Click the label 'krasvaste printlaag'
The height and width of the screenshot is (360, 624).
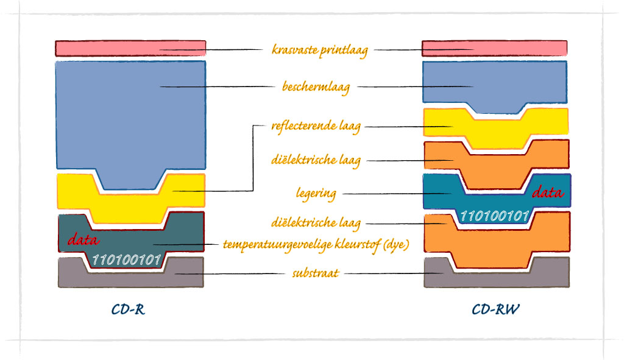[319, 49]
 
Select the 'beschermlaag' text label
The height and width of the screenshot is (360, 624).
[316, 87]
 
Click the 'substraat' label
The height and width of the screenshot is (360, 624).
[314, 274]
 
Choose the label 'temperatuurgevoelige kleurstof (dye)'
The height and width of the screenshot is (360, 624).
[315, 245]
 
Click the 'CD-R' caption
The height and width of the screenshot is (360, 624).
[128, 309]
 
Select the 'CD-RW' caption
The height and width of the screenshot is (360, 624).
[495, 309]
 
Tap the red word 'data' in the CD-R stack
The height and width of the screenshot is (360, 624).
[83, 239]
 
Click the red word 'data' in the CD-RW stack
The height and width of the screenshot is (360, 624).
[548, 192]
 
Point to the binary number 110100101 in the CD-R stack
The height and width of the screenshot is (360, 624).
[126, 260]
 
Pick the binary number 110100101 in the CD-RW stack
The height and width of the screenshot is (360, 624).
[494, 216]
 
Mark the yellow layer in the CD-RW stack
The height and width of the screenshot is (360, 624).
[548, 125]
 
